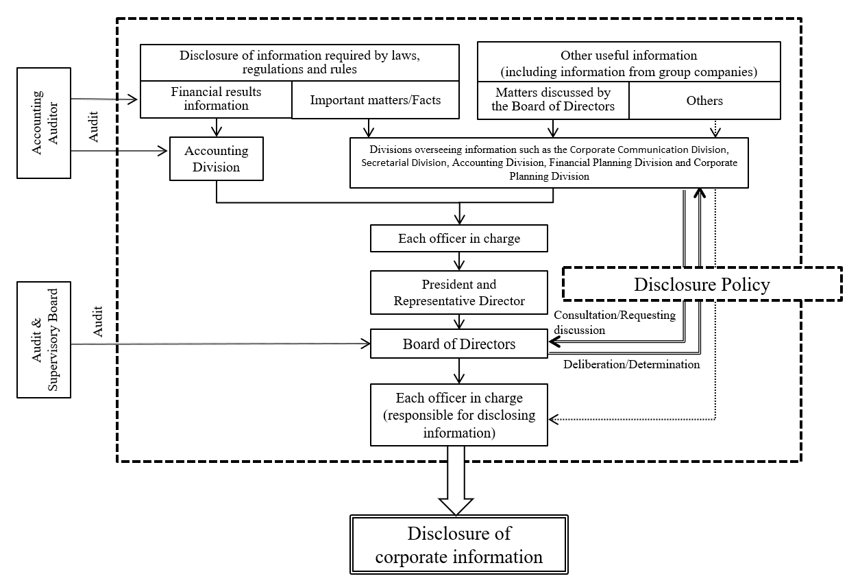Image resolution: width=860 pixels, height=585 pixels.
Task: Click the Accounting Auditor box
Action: (x=44, y=123)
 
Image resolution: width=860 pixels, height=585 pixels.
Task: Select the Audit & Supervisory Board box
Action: (x=44, y=339)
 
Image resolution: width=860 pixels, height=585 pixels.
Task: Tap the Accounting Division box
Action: (x=217, y=158)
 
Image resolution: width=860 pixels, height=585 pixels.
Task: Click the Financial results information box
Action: (x=216, y=99)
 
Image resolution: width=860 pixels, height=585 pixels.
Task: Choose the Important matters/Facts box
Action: (x=376, y=99)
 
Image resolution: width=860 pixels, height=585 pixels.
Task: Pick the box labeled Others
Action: (x=704, y=100)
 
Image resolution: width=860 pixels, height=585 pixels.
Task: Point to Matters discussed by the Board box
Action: (x=553, y=100)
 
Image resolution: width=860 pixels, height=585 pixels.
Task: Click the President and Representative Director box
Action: (x=459, y=292)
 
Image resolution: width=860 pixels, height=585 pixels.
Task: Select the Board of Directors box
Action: (x=459, y=344)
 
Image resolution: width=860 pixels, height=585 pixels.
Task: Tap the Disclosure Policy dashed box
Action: (x=702, y=284)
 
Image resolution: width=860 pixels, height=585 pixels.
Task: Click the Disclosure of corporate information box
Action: (x=459, y=545)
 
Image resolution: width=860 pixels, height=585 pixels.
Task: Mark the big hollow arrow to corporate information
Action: (x=456, y=481)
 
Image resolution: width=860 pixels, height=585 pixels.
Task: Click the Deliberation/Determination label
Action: (x=632, y=364)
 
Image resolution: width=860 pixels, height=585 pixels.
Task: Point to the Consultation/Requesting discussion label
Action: (x=615, y=322)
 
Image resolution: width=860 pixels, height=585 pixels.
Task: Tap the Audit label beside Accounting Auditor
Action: (x=93, y=127)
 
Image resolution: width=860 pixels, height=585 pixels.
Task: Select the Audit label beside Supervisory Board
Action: (x=97, y=322)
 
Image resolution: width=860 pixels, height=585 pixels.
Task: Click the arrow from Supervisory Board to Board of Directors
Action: (x=221, y=344)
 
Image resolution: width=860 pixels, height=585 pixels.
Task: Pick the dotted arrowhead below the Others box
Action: (x=715, y=132)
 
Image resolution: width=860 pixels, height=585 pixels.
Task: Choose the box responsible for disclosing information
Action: (x=459, y=415)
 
